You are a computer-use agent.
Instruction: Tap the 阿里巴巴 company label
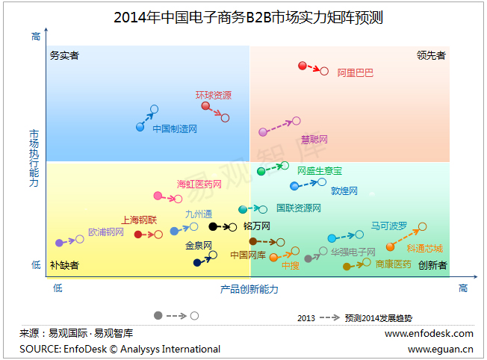[x=355, y=72]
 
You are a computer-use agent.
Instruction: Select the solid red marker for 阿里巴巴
[x=303, y=66]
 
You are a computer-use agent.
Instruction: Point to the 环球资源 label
[x=214, y=95]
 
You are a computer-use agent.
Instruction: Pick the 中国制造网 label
[x=175, y=128]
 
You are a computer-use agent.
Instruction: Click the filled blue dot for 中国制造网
[x=140, y=127]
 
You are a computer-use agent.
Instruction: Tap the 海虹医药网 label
[x=199, y=184]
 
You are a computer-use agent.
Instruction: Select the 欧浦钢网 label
[x=106, y=232]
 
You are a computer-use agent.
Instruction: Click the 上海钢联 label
[x=140, y=220]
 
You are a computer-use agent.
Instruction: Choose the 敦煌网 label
[x=344, y=190]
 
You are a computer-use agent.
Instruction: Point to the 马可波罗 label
[x=389, y=226]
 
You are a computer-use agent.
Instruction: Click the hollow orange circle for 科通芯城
[x=422, y=226]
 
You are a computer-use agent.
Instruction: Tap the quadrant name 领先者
[x=431, y=55]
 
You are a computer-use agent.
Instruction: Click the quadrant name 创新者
[x=432, y=264]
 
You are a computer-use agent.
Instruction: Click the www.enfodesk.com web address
[x=429, y=333]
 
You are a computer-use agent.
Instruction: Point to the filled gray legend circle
[x=158, y=316]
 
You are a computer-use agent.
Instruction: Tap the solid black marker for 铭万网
[x=213, y=226]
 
